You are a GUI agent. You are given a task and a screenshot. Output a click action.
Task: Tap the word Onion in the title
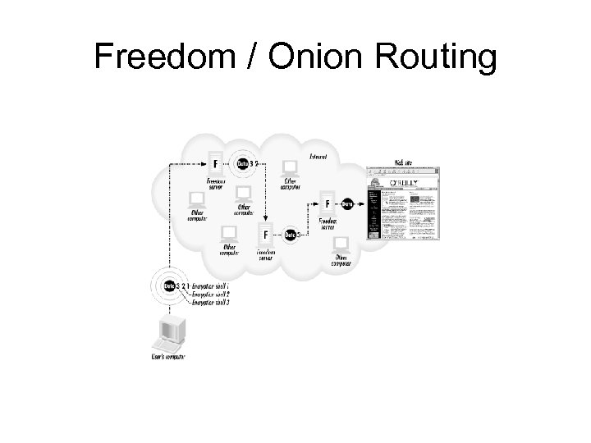coord(290,57)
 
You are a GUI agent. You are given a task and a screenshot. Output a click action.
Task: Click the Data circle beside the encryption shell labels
coord(170,285)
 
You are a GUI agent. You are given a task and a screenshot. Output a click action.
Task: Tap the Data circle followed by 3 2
coord(242,163)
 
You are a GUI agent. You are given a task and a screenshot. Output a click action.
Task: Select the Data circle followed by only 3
coord(289,235)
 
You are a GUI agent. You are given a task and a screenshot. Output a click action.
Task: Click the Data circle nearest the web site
coord(348,203)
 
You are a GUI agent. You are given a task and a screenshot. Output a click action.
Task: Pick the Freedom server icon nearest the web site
coord(328,203)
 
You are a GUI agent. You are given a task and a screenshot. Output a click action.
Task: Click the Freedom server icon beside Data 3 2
coord(215,162)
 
